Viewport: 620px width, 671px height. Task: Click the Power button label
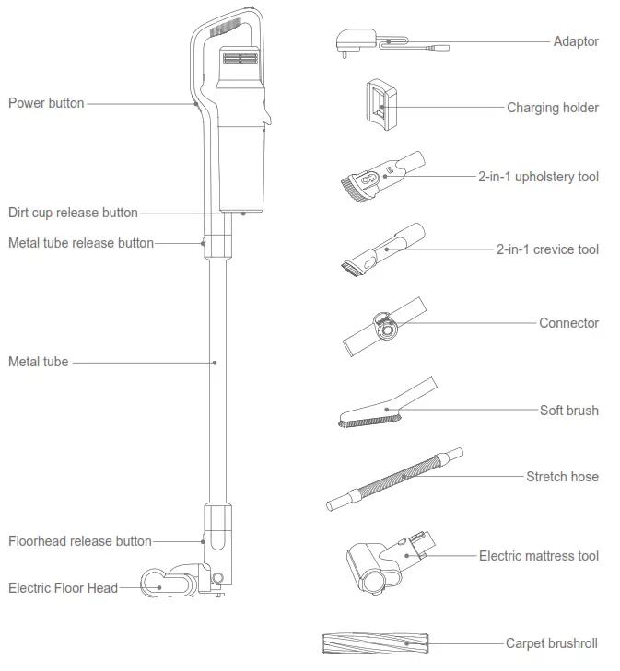tap(46, 103)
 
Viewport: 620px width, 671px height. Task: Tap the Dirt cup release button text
tap(73, 213)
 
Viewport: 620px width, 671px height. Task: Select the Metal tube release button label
tap(81, 243)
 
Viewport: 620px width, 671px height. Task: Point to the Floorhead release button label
tap(80, 541)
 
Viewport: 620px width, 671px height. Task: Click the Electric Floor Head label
tap(63, 587)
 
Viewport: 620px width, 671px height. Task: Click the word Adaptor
tap(576, 41)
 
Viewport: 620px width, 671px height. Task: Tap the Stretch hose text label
tap(562, 477)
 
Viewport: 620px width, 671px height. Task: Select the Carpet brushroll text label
tap(552, 643)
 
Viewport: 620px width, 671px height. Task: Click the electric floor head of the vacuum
tap(181, 580)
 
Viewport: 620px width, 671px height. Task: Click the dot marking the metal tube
tap(215, 363)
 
